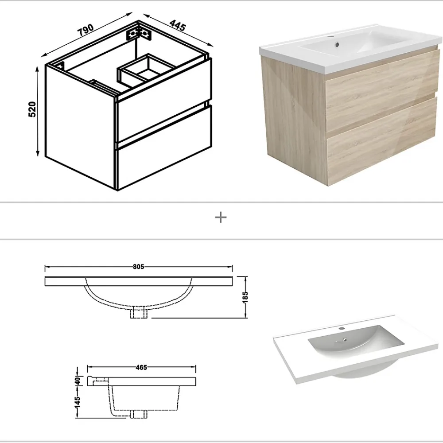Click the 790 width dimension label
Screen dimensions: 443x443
(85, 30)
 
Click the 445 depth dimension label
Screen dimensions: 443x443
(178, 26)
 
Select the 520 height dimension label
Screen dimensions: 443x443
(32, 109)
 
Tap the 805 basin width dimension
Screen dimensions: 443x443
(138, 267)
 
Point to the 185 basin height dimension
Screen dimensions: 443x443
(245, 297)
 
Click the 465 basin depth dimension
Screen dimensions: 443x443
(141, 367)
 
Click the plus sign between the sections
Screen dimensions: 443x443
(221, 218)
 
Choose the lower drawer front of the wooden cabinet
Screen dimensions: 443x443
(382, 141)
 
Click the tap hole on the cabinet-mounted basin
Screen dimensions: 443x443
(330, 37)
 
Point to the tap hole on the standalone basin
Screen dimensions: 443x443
(342, 329)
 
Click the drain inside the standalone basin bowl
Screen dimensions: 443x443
(345, 340)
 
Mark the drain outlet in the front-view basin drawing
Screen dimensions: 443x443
(139, 313)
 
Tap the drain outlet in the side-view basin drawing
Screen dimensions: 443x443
(139, 414)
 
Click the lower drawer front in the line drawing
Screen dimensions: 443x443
(164, 147)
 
